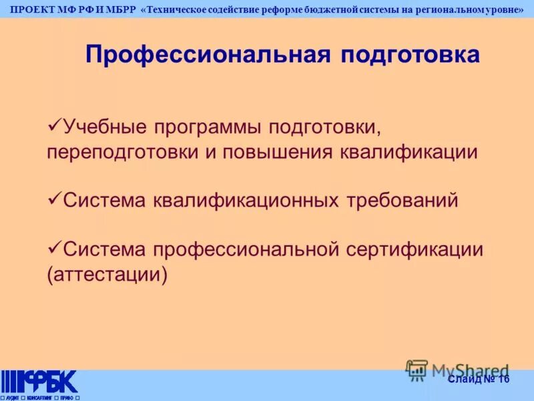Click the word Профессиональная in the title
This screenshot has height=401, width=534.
[208, 54]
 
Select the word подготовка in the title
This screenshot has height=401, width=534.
[411, 54]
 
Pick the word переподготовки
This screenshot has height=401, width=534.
[123, 152]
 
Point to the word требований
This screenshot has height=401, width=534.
[402, 200]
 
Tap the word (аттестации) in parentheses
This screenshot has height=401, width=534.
[106, 275]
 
